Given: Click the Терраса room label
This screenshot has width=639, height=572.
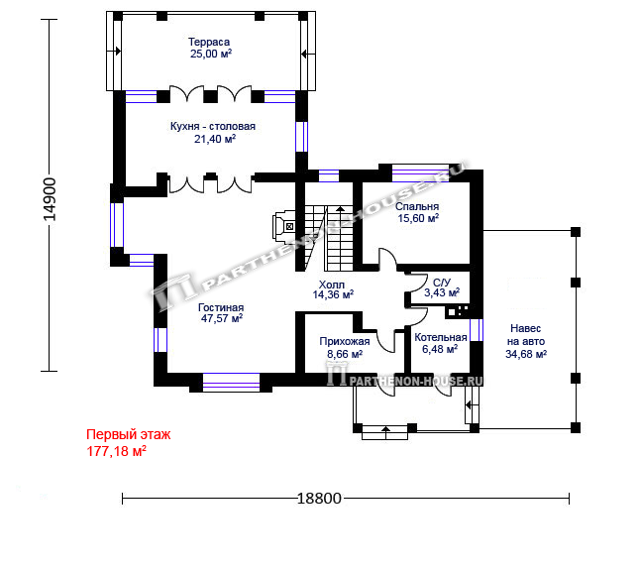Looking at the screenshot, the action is [209, 42].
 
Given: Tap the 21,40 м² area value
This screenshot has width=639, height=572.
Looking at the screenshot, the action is [215, 139].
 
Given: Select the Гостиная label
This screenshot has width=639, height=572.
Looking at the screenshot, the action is [221, 308].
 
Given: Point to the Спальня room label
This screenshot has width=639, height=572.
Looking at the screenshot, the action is [417, 207].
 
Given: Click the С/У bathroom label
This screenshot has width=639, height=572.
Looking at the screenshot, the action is [442, 283].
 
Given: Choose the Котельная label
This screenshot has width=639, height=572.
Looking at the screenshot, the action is [441, 338].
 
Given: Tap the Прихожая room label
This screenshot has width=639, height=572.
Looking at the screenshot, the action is [345, 342].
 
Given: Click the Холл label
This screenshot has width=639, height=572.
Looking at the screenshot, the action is [331, 285].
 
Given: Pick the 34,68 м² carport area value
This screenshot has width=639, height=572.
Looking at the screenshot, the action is [526, 354].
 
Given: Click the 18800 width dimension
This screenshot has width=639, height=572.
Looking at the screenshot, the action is [319, 499].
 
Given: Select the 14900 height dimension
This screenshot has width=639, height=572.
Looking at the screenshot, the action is [50, 199].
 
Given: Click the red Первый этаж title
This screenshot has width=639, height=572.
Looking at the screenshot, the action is [129, 434].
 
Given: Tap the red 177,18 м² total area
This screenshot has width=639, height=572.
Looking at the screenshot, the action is [117, 451].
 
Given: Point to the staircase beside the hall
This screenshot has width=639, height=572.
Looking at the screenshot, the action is [329, 238].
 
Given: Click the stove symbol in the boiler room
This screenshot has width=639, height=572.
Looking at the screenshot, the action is [459, 311].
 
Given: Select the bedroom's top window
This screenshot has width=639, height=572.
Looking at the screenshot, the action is [420, 174].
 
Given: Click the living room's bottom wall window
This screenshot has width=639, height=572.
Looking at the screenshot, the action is [231, 382].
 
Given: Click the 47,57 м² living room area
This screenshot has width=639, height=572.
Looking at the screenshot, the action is [222, 318].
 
